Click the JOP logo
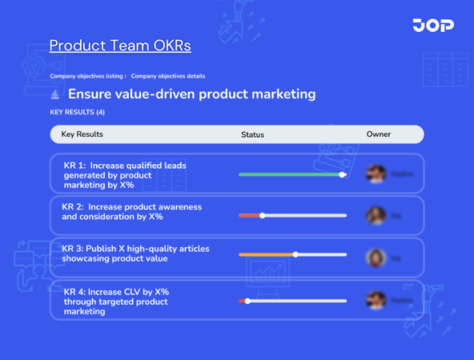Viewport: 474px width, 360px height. pyautogui.click(x=432, y=26)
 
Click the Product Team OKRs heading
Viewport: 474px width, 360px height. pyautogui.click(x=120, y=46)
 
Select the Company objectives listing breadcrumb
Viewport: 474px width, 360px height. pyautogui.click(x=86, y=76)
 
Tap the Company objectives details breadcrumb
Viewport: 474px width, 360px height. pyautogui.click(x=168, y=76)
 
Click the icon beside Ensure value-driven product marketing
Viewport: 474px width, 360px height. pyautogui.click(x=55, y=95)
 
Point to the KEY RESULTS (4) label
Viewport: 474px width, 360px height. pyautogui.click(x=77, y=112)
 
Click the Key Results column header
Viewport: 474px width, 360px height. pyautogui.click(x=82, y=134)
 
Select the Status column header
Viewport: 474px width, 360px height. pyautogui.click(x=252, y=135)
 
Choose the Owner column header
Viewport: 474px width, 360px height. pyautogui.click(x=378, y=134)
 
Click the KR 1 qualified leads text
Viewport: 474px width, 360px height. pyautogui.click(x=125, y=175)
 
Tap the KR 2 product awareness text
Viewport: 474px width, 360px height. pyautogui.click(x=131, y=212)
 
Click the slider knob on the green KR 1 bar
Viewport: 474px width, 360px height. pyautogui.click(x=342, y=175)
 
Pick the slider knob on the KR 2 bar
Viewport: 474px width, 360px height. pyautogui.click(x=263, y=216)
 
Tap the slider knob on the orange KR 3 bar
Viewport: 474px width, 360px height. pyautogui.click(x=295, y=254)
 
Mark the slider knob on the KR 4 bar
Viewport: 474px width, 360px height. pyautogui.click(x=248, y=300)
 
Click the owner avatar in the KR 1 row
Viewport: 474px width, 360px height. pyautogui.click(x=376, y=174)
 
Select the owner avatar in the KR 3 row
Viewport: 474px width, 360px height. pyautogui.click(x=376, y=257)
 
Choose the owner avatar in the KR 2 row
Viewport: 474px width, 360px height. pyautogui.click(x=376, y=216)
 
